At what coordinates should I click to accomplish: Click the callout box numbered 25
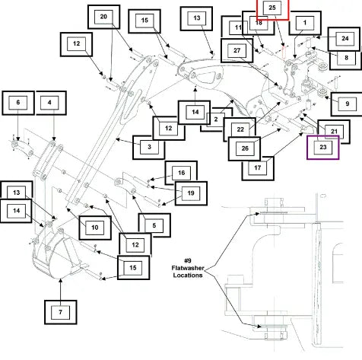pyautogui.click(x=273, y=9)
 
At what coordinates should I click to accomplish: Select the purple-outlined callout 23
pyautogui.click(x=323, y=148)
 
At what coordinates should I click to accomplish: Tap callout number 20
pyautogui.click(x=104, y=17)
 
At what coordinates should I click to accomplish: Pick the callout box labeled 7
pyautogui.click(x=61, y=312)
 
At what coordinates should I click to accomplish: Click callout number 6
pyautogui.click(x=18, y=103)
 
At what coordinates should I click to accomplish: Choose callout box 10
pyautogui.click(x=95, y=228)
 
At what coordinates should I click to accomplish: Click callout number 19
pyautogui.click(x=191, y=193)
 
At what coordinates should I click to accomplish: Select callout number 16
pyautogui.click(x=181, y=173)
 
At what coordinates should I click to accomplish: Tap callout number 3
pyautogui.click(x=149, y=147)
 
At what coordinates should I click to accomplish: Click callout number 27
pyautogui.click(x=237, y=50)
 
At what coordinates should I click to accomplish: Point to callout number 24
pyautogui.click(x=345, y=39)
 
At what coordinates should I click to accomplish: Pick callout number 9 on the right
pyautogui.click(x=347, y=104)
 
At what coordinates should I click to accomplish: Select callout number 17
pyautogui.click(x=258, y=168)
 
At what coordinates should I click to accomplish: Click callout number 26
pyautogui.click(x=245, y=148)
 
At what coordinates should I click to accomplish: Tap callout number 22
pyautogui.click(x=240, y=129)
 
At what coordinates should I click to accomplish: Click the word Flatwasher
pyautogui.click(x=188, y=268)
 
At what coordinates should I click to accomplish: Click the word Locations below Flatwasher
pyautogui.click(x=188, y=276)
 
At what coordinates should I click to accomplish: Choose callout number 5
pyautogui.click(x=154, y=225)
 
